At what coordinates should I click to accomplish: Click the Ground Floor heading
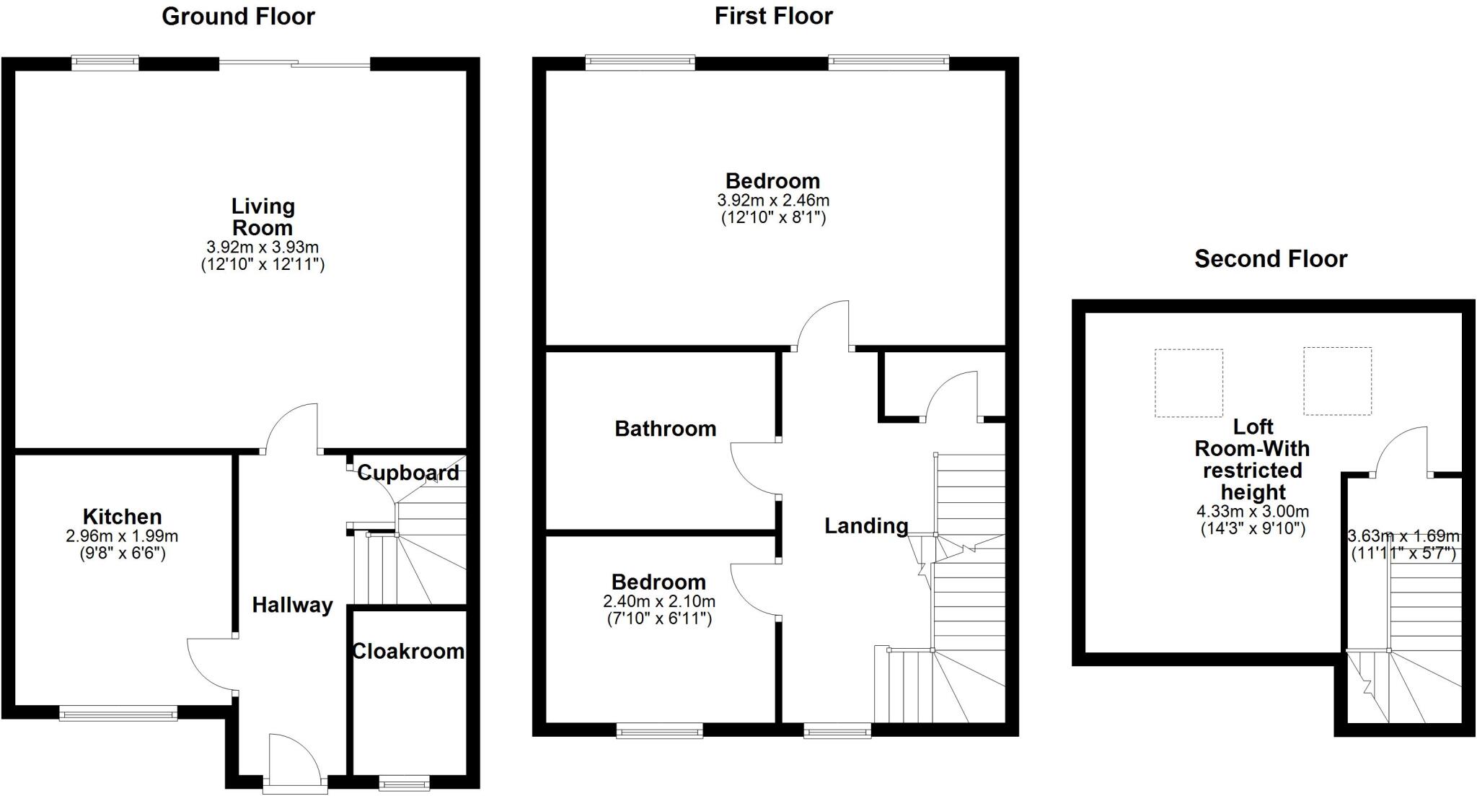pyautogui.click(x=238, y=16)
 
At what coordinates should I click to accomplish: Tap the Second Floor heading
pyautogui.click(x=1270, y=258)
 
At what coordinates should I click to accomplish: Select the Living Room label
pyautogui.click(x=263, y=217)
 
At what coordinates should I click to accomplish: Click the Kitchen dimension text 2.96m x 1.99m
pyautogui.click(x=122, y=536)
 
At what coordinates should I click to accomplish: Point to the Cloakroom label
pyautogui.click(x=408, y=651)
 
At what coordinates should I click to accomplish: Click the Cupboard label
pyautogui.click(x=408, y=473)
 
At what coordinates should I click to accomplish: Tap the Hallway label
pyautogui.click(x=292, y=605)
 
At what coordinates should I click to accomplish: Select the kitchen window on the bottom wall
pyautogui.click(x=118, y=714)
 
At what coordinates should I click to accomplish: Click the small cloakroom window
pyautogui.click(x=404, y=783)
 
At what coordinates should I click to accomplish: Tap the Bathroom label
pyautogui.click(x=665, y=429)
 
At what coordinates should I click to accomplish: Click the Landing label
pyautogui.click(x=865, y=525)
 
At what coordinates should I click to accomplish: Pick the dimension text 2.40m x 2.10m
pyautogui.click(x=659, y=601)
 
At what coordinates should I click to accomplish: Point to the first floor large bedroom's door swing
pyautogui.click(x=822, y=325)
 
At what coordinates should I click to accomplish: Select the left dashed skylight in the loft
pyautogui.click(x=1189, y=383)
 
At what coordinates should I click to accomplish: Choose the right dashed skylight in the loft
pyautogui.click(x=1337, y=381)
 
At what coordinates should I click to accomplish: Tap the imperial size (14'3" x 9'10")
pyautogui.click(x=1253, y=528)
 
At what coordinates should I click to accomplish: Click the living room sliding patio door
pyautogui.click(x=294, y=64)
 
